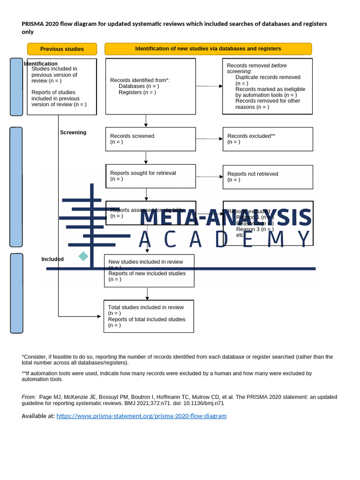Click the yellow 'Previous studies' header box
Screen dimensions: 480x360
point(62,49)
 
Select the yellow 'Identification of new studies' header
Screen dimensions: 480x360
point(208,49)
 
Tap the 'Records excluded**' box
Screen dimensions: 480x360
point(267,139)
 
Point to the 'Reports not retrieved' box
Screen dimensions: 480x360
point(267,177)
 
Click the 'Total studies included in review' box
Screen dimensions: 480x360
point(149,316)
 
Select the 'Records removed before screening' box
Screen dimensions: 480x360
point(267,86)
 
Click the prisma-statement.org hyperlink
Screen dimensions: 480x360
point(141,416)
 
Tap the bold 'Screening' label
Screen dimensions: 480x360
point(73,133)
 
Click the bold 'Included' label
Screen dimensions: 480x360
point(52,259)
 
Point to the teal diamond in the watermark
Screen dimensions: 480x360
point(83,256)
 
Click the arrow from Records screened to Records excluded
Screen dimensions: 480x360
point(209,139)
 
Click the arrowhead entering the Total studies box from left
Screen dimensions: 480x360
point(98,316)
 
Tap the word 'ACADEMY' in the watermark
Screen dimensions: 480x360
point(225,240)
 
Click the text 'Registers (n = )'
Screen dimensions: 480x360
point(137,92)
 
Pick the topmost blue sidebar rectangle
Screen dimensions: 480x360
point(16,87)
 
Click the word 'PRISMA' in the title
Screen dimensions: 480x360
point(32,24)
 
